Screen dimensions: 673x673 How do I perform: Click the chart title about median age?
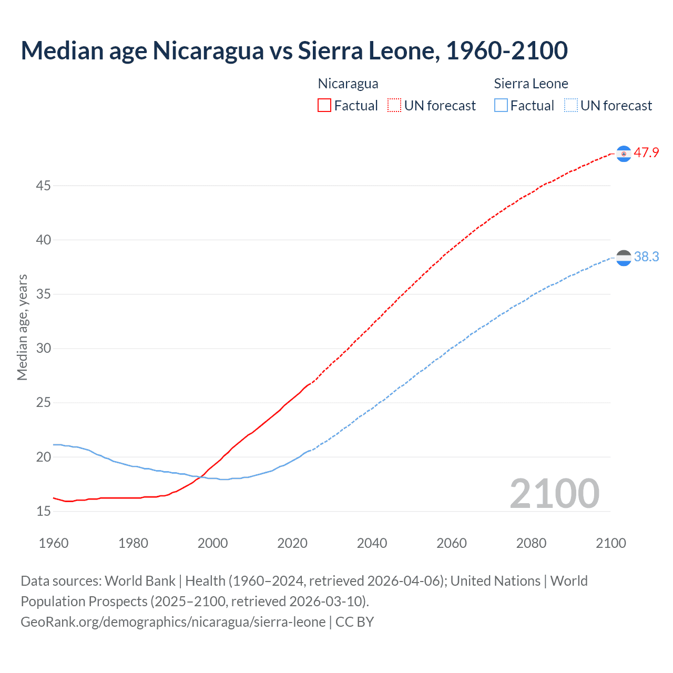click(x=294, y=50)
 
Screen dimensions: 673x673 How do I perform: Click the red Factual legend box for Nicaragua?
click(x=324, y=105)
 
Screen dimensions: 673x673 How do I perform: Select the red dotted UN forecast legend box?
click(x=394, y=105)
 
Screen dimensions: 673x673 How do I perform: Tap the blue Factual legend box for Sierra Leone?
click(x=501, y=105)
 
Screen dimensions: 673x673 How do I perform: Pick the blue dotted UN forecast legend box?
click(x=571, y=105)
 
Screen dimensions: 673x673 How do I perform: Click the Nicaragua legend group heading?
click(x=348, y=84)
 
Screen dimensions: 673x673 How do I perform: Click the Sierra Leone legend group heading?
click(x=531, y=84)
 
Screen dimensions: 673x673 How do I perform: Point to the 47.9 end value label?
click(x=646, y=153)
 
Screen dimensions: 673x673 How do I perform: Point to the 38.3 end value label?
click(x=646, y=257)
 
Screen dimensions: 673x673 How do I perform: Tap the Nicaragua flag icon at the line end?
click(x=624, y=154)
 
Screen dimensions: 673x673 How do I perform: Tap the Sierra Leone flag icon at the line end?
click(x=624, y=258)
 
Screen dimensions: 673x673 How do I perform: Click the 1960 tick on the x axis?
click(x=54, y=543)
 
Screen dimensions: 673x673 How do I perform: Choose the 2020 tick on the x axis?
click(x=292, y=543)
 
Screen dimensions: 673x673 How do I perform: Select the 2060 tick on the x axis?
click(x=452, y=543)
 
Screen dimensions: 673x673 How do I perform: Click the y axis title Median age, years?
click(x=22, y=327)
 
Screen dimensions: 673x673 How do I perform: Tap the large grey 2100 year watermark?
click(x=554, y=494)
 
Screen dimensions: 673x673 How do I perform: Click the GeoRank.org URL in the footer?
click(x=173, y=622)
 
